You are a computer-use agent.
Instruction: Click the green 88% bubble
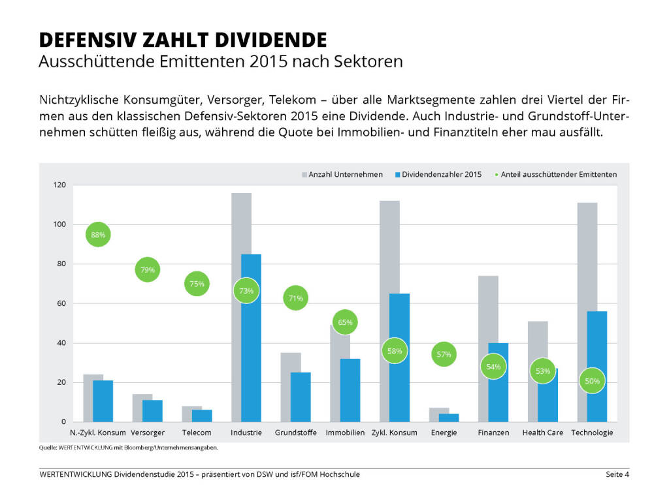98,235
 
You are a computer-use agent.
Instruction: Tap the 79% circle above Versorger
148,269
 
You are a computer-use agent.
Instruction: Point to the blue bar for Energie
449,417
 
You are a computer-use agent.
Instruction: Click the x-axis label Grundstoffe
296,433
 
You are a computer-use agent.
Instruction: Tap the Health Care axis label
542,433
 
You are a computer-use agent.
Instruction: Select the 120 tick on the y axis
60,185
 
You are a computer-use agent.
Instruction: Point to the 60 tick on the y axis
62,303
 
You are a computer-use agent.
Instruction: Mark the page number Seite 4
617,474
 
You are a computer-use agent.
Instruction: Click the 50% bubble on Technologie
593,381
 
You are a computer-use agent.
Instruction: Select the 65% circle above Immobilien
346,322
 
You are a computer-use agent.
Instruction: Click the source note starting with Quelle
128,448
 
